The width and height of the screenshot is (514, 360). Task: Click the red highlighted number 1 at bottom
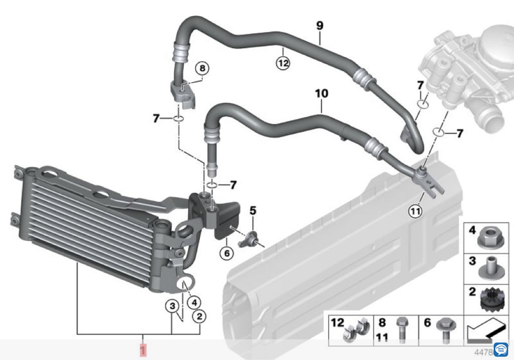click(x=143, y=350)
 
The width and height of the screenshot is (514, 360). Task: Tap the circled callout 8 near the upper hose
click(x=202, y=68)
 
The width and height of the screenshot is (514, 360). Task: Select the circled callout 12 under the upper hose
click(x=283, y=63)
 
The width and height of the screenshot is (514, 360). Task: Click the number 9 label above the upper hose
click(x=320, y=26)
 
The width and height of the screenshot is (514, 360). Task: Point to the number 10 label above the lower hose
click(x=322, y=93)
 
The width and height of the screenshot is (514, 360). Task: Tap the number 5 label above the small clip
click(x=253, y=211)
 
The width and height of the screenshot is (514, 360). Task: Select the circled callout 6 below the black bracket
click(x=227, y=253)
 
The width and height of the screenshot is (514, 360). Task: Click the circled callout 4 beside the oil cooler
click(x=194, y=302)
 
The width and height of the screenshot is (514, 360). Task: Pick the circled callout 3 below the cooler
click(x=172, y=306)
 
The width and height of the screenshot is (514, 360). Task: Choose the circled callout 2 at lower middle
click(x=199, y=316)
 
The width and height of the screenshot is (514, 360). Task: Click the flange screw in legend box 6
click(x=446, y=330)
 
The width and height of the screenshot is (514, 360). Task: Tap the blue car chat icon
click(x=501, y=349)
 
